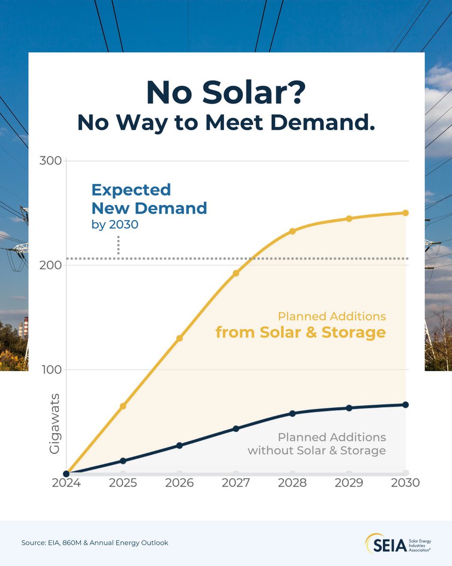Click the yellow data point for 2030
(405, 213)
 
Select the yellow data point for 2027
(236, 273)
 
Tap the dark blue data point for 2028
(292, 413)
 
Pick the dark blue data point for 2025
(123, 461)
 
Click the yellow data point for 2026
(179, 338)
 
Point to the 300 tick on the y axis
(50, 161)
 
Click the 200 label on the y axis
(50, 265)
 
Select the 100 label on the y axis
(51, 369)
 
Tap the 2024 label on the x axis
(66, 483)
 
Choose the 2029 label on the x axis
(349, 483)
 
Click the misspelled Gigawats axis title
(55, 423)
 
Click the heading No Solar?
(226, 92)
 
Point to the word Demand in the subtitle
(320, 123)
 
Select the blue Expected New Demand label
(149, 199)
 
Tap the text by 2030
(115, 224)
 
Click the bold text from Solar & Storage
(300, 332)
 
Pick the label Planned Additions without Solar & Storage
(317, 444)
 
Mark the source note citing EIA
(95, 543)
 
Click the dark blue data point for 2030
(405, 405)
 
